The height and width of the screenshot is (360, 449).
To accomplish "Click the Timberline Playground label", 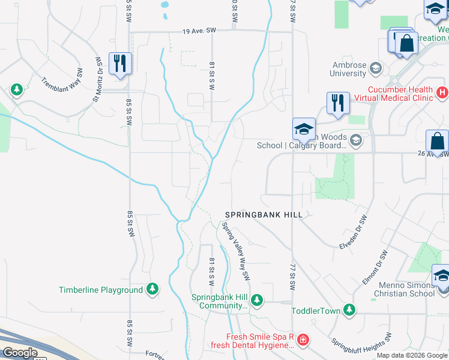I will [101, 290].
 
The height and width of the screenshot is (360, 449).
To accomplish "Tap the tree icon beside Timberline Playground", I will [153, 290].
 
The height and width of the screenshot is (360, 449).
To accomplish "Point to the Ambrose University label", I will [348, 70].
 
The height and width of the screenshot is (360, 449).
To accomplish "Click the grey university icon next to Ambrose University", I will [376, 67].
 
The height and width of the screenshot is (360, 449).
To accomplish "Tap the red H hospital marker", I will [442, 92].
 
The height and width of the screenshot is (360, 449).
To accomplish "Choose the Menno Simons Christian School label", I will [403, 289].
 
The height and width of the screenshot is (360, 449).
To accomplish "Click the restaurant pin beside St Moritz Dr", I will [120, 62].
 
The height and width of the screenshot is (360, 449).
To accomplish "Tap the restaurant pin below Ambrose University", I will [338, 102].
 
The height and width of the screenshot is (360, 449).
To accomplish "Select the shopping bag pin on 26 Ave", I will [438, 141].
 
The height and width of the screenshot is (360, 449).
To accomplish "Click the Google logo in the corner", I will [20, 353].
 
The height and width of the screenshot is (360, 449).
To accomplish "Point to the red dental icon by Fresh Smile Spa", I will [303, 341].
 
